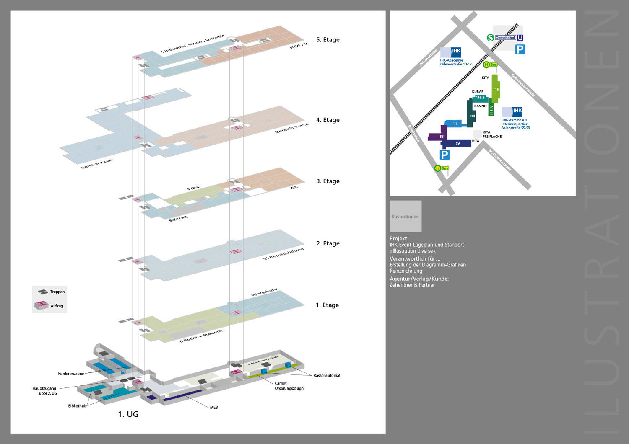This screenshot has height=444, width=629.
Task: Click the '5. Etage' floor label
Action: [327, 40]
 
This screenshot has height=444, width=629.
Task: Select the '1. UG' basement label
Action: [128, 414]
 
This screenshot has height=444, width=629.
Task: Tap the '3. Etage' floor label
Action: [327, 181]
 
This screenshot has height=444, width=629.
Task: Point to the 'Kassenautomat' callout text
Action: [327, 376]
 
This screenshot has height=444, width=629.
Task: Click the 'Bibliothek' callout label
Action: [77, 406]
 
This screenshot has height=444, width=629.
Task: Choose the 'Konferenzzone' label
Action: [71, 374]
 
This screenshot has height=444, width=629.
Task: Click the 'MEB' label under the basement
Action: [214, 407]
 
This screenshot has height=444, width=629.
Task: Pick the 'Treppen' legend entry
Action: [57, 292]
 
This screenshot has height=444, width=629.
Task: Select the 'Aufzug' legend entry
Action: [57, 306]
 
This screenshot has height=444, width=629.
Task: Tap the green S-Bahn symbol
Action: [490, 38]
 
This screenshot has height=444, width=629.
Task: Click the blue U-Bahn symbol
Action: [520, 38]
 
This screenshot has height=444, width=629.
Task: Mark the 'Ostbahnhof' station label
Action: [505, 38]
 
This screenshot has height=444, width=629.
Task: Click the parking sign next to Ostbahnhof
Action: [520, 49]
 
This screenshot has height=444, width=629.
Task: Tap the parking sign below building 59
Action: [444, 155]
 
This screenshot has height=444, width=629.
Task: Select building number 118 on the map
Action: [472, 116]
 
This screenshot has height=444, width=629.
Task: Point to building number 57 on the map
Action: [455, 124]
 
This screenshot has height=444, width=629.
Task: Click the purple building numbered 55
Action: [441, 136]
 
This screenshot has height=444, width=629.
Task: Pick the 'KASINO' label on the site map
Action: [480, 106]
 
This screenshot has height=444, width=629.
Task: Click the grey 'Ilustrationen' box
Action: [405, 217]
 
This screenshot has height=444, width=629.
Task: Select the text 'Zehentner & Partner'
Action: [412, 285]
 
